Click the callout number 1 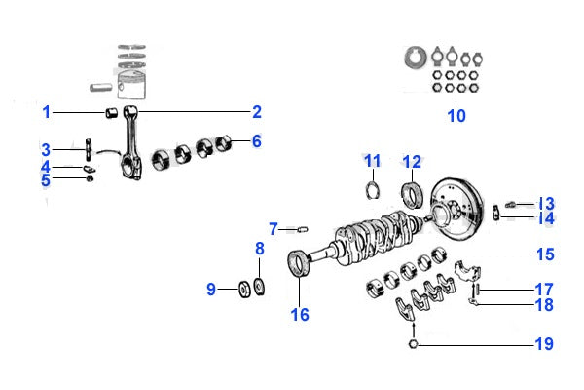click(x=46, y=112)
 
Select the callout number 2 click(x=257, y=112)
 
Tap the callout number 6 click(x=257, y=141)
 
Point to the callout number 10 click(x=456, y=116)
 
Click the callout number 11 click(x=373, y=161)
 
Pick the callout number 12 click(x=412, y=161)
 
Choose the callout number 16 click(x=300, y=314)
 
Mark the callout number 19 click(x=543, y=344)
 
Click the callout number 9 click(x=211, y=289)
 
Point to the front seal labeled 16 click(x=299, y=266)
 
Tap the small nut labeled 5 click(x=90, y=178)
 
